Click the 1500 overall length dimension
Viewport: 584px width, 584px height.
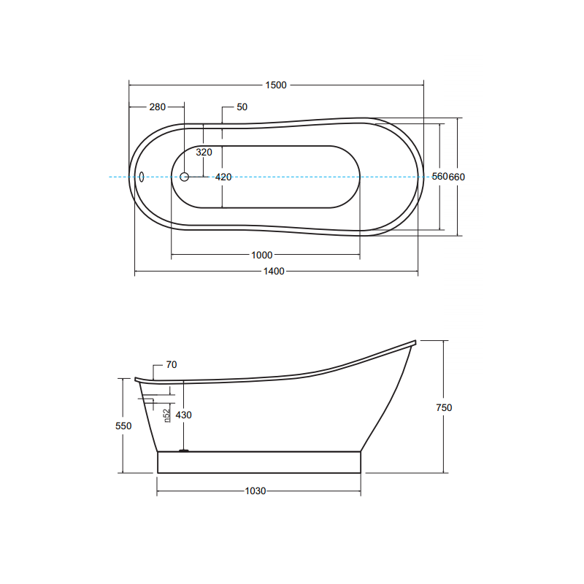(276, 85)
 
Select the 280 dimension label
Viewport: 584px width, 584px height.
(157, 107)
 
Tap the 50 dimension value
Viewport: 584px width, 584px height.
(242, 107)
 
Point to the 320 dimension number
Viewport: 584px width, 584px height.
(204, 152)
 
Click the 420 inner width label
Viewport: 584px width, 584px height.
(223, 177)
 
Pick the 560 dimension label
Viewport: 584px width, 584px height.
(440, 176)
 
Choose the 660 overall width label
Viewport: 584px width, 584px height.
(457, 177)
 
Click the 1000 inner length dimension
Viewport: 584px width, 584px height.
(262, 255)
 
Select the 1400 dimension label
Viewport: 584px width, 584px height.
(274, 271)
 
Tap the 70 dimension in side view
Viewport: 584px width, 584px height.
(172, 364)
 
